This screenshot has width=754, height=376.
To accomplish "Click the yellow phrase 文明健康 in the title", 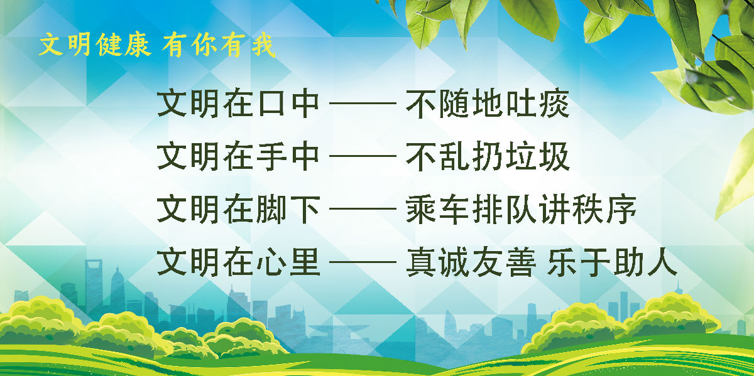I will pos(95,46).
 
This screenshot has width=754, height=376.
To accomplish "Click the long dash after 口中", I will pos(363,105).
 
